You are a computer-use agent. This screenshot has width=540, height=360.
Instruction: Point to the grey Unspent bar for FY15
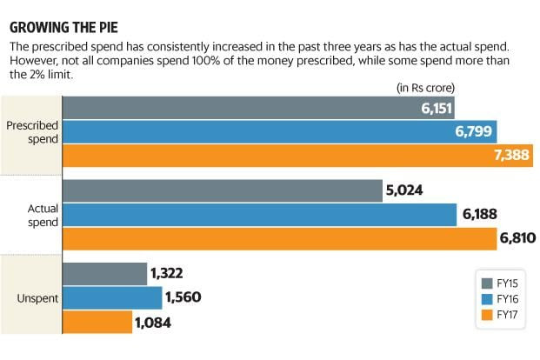click(104, 274)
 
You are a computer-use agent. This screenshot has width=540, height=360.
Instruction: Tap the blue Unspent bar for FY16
click(112, 298)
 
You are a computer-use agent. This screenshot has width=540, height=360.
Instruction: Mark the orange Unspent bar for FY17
click(97, 322)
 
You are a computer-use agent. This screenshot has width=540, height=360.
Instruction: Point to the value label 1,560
click(183, 298)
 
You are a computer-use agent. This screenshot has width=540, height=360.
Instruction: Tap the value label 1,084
click(154, 323)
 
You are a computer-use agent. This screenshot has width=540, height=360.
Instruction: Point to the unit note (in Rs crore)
click(425, 87)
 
